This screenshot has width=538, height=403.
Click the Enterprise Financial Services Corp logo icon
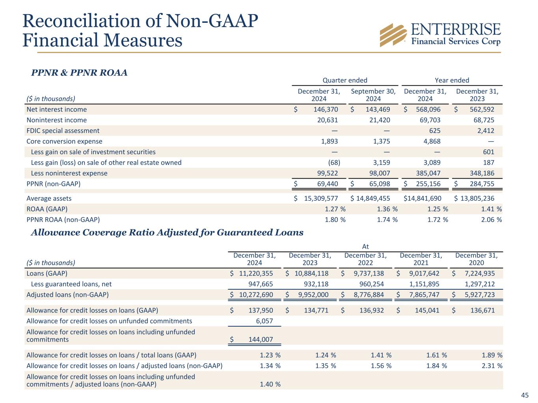click(x=393, y=35)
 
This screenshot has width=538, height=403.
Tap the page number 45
click(x=525, y=395)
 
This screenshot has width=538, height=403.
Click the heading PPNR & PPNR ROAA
click(x=79, y=73)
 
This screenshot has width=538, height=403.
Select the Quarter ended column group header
click(x=345, y=80)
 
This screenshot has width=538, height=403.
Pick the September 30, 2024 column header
click(x=373, y=95)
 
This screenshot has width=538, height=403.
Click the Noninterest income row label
click(x=56, y=120)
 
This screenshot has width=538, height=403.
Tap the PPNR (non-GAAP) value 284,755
click(x=480, y=184)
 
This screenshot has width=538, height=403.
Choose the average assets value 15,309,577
click(x=321, y=198)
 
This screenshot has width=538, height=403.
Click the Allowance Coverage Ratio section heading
click(x=167, y=233)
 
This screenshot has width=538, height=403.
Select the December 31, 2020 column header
click(x=476, y=259)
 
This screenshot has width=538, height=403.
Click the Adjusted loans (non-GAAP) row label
click(x=67, y=295)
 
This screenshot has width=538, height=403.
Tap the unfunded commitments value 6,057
click(x=264, y=321)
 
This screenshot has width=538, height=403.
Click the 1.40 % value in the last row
click(x=270, y=384)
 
